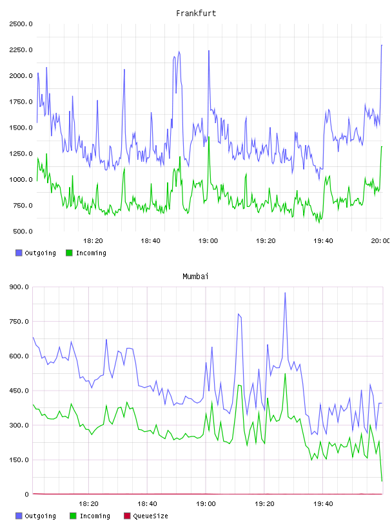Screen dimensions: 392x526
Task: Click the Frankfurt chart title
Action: pyautogui.click(x=196, y=14)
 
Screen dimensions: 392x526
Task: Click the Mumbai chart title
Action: pyautogui.click(x=195, y=277)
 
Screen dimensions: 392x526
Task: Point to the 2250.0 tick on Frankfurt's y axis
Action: pyautogui.click(x=21, y=50)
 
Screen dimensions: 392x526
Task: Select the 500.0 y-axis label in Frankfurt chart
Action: pyautogui.click(x=23, y=231)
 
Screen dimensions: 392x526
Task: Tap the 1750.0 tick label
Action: pyautogui.click(x=21, y=102)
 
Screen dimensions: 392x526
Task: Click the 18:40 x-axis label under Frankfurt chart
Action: pyautogui.click(x=150, y=241)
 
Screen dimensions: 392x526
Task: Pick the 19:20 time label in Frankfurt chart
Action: pyautogui.click(x=266, y=241)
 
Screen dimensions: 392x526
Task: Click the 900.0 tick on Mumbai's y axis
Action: pyautogui.click(x=19, y=287)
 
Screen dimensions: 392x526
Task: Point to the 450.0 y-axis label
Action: pyautogui.click(x=19, y=391)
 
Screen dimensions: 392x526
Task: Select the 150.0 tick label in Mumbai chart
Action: pyautogui.click(x=19, y=460)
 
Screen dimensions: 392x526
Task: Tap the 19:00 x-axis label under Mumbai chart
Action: pyautogui.click(x=206, y=504)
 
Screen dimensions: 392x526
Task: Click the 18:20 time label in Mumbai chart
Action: pyautogui.click(x=88, y=504)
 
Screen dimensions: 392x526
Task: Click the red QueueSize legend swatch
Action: pyautogui.click(x=127, y=516)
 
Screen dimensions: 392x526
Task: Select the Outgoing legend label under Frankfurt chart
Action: pyautogui.click(x=40, y=253)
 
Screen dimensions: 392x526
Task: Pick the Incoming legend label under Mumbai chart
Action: pyautogui.click(x=95, y=516)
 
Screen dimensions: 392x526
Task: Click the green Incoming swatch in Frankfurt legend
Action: pyautogui.click(x=69, y=253)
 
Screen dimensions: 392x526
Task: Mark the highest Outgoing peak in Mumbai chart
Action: pyautogui.click(x=285, y=293)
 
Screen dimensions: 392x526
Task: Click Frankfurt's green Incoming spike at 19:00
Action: pyautogui.click(x=209, y=137)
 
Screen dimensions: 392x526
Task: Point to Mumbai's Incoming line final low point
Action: pyautogui.click(x=382, y=481)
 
